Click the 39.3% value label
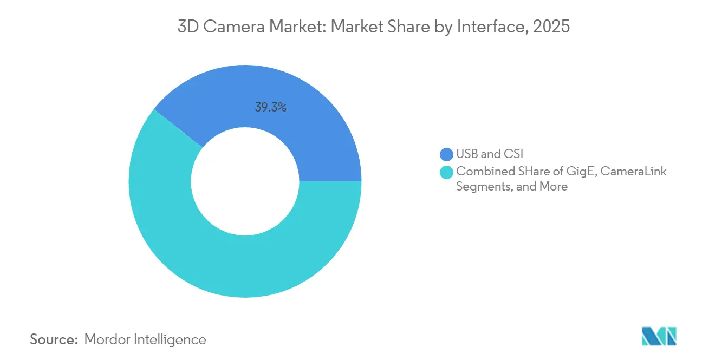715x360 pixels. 270,107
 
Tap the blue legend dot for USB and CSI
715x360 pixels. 446,154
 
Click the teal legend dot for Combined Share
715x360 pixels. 446,172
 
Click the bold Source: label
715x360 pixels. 54,339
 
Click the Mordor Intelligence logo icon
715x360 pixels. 659,337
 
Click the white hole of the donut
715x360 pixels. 245,181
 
